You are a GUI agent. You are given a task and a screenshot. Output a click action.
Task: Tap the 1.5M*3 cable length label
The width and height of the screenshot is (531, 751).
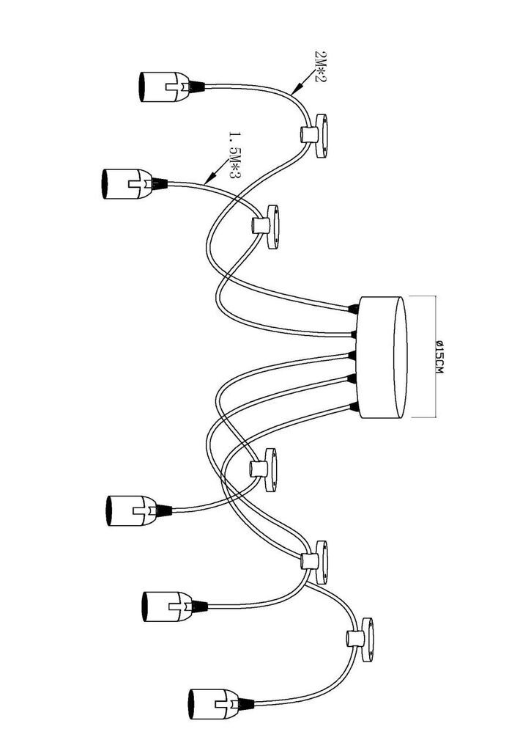[x=234, y=155]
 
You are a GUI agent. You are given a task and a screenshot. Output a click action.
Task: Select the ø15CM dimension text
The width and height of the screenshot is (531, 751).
[x=439, y=357]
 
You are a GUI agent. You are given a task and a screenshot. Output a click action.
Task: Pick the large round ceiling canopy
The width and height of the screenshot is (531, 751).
[x=383, y=357]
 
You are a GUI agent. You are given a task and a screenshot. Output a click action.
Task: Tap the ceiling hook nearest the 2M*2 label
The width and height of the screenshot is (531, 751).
[x=315, y=135]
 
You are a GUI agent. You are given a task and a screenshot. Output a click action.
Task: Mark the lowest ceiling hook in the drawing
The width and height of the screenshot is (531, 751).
[x=362, y=640]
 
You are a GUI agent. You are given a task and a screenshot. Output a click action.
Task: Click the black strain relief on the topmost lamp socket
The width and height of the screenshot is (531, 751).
[x=197, y=87]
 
